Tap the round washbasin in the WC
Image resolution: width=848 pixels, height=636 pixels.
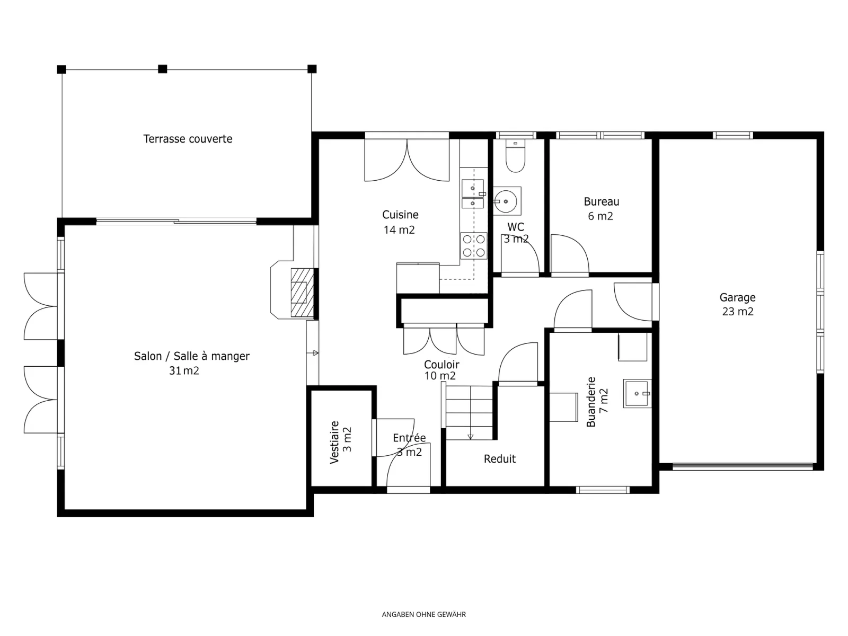click(506, 201)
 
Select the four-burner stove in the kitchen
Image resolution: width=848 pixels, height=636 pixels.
click(474, 246)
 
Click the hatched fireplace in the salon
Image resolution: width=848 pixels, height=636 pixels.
click(302, 293)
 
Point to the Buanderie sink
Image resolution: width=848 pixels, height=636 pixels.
click(637, 393)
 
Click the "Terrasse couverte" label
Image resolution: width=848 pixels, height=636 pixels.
click(188, 139)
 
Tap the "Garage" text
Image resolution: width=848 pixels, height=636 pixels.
click(738, 298)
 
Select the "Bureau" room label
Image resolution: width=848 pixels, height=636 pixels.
click(601, 201)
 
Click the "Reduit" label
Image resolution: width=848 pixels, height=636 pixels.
click(500, 459)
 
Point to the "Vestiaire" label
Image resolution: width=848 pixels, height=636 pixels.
click(334, 442)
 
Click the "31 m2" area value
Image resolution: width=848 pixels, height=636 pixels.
click(184, 370)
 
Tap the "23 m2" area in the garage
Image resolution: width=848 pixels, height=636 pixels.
click(738, 312)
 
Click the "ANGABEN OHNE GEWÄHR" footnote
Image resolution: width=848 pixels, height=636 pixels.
click(424, 614)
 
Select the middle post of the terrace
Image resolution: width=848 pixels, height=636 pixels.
click(163, 69)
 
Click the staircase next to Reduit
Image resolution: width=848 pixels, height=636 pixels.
click(470, 412)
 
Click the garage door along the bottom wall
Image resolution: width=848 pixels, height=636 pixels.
click(743, 466)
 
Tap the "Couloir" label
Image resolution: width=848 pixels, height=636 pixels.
click(441, 365)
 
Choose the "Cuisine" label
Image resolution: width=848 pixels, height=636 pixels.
click(400, 215)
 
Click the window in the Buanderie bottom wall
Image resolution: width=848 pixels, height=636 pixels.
click(603, 490)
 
